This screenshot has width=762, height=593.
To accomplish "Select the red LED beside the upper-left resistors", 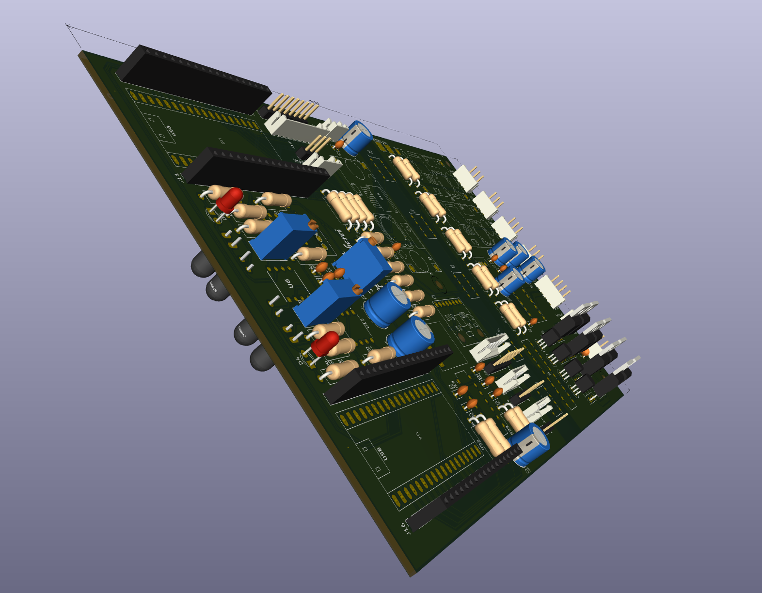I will click(x=229, y=199).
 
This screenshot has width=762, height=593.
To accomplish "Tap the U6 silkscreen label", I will click(x=288, y=284).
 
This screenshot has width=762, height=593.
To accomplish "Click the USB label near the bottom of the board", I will click(x=382, y=454).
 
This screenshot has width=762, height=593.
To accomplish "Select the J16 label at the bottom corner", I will click(x=405, y=528).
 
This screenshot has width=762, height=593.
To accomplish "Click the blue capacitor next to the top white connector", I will click(x=358, y=138).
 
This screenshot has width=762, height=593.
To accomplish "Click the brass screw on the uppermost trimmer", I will click(x=313, y=224).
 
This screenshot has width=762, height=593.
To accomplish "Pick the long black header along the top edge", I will click(x=194, y=80).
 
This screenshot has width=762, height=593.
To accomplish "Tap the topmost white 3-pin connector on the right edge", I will click(x=465, y=177).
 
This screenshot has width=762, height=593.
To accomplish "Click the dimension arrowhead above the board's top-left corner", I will click(x=68, y=25).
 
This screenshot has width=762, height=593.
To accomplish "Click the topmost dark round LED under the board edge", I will click(x=201, y=264).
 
